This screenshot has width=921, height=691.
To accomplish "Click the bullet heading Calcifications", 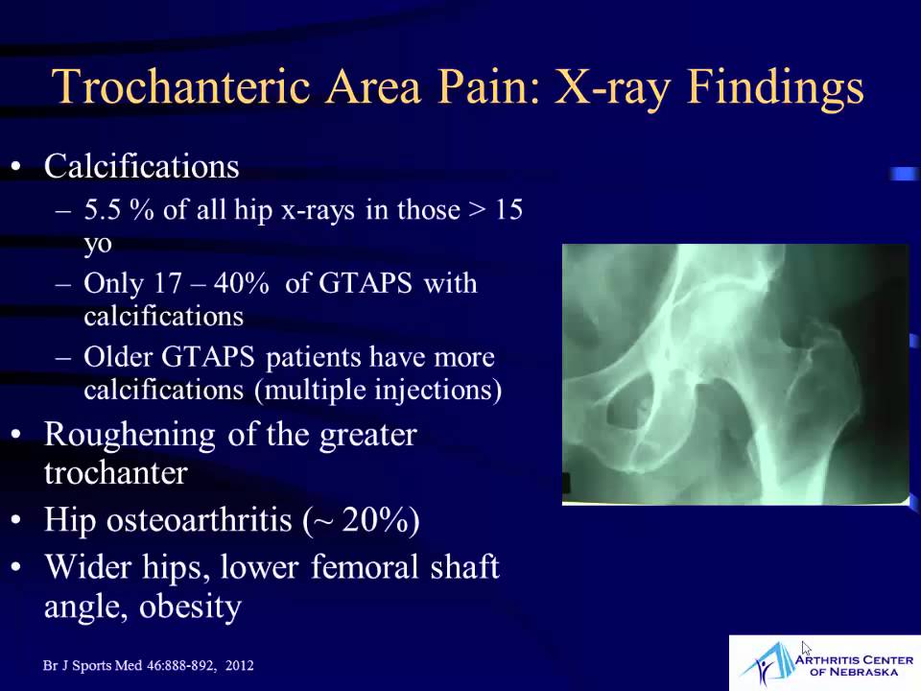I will click(141, 167).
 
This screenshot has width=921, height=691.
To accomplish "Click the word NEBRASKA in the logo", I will click(856, 672).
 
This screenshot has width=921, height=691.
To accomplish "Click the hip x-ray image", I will click(735, 374).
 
